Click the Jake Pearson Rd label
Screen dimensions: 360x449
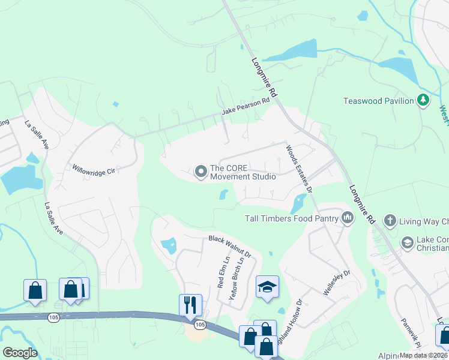pyautogui.click(x=246, y=107)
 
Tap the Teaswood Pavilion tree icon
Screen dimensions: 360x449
pyautogui.click(x=424, y=100)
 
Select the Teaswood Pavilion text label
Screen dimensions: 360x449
pyautogui.click(x=378, y=101)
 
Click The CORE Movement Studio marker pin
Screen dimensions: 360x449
pyautogui.click(x=200, y=173)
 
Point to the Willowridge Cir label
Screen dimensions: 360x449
pyautogui.click(x=93, y=170)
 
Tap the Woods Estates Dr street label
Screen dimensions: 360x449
pyautogui.click(x=300, y=168)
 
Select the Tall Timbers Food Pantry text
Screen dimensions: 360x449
pyautogui.click(x=292, y=219)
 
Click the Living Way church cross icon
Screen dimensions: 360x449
pyautogui.click(x=390, y=221)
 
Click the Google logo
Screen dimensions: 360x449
pyautogui.click(x=19, y=353)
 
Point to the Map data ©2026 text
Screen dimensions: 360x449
pyautogui.click(x=423, y=355)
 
